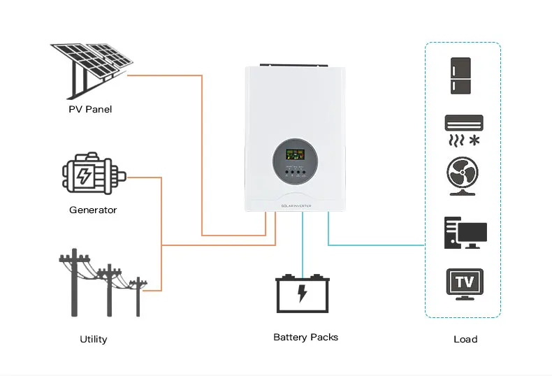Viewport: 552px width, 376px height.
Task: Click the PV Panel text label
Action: (90, 109)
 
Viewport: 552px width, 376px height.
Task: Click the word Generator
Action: (93, 210)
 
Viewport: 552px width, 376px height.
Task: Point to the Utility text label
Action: (93, 339)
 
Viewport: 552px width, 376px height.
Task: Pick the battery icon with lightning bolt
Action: (303, 294)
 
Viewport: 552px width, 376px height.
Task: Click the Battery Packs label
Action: (305, 337)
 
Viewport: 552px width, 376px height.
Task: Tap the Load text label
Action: (465, 339)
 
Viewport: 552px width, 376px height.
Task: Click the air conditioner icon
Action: (464, 123)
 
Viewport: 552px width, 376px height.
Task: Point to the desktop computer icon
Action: (465, 233)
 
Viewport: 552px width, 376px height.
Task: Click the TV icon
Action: (465, 283)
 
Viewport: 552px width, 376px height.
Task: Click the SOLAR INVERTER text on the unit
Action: (296, 205)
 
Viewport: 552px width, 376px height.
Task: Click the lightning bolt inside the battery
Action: (303, 293)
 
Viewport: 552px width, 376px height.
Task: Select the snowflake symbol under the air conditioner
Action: (475, 140)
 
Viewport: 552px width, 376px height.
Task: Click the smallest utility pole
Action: (138, 296)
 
